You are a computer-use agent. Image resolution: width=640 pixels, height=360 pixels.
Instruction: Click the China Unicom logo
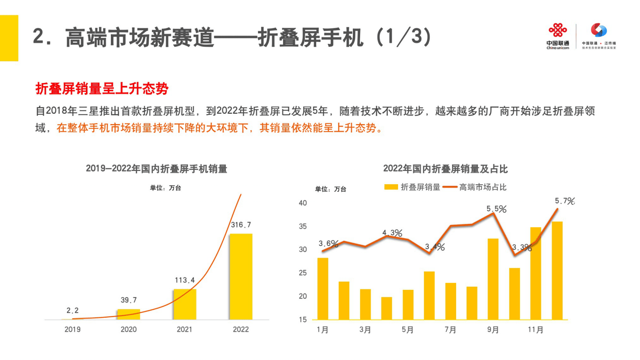[x=558, y=36]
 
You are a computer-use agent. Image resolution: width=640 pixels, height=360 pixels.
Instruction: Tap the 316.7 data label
[x=241, y=225]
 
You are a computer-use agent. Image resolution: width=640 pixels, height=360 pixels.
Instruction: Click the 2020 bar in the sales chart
[x=129, y=314]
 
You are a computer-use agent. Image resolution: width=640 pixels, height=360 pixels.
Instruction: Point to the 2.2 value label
[x=73, y=310]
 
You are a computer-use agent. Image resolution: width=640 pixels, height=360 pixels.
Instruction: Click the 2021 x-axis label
[x=184, y=329]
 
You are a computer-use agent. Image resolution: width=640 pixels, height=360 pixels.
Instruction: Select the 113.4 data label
[x=185, y=280]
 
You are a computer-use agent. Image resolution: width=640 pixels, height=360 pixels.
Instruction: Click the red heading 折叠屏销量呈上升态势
[x=102, y=89]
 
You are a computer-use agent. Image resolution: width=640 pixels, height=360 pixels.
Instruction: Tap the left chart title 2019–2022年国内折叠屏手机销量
[x=156, y=169]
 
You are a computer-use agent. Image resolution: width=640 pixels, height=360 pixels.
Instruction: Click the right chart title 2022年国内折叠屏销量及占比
[x=445, y=169]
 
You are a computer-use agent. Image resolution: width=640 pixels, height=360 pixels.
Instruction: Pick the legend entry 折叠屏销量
[x=412, y=187]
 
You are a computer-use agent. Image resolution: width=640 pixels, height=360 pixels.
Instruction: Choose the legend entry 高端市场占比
[x=475, y=187]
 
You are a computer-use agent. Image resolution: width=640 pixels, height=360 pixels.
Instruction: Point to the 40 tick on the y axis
[x=303, y=203]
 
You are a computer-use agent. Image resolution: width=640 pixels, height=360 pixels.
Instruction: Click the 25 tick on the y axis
[x=303, y=273]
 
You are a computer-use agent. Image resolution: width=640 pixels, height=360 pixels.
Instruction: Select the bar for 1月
[x=323, y=289]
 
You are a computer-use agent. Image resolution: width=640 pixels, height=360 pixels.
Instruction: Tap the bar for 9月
[x=493, y=279]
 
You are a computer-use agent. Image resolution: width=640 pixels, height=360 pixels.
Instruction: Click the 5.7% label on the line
[x=564, y=201]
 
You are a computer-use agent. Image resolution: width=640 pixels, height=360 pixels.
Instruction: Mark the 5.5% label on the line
[x=496, y=209]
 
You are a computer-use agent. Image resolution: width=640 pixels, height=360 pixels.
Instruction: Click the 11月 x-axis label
[x=536, y=330]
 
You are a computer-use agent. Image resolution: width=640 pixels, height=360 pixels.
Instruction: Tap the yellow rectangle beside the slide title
[x=9, y=38]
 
